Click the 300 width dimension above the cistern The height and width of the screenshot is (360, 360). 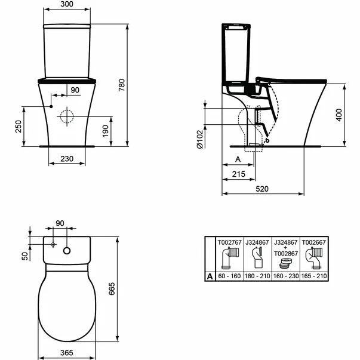click(67, 5)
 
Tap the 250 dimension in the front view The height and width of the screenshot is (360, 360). click(18, 127)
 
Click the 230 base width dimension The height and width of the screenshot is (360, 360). click(66, 159)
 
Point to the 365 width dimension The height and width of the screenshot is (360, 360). click(66, 353)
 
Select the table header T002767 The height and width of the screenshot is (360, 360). click(227, 242)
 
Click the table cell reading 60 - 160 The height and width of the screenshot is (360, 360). click(227, 276)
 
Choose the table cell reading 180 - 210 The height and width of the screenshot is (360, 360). click(256, 276)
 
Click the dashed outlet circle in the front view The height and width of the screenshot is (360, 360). click(67, 115)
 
